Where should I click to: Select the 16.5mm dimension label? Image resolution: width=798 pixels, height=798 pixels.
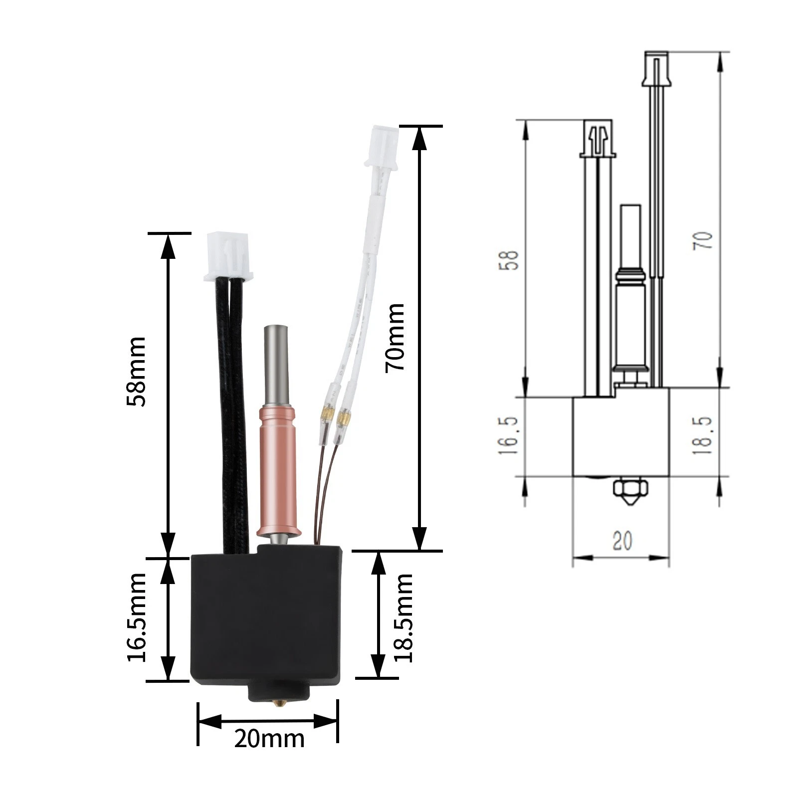tap(137, 617)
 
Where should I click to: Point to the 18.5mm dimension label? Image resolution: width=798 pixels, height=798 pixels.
tap(404, 617)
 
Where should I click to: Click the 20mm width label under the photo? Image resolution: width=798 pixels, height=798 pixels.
tap(269, 738)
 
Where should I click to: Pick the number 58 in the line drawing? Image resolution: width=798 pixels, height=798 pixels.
tap(509, 259)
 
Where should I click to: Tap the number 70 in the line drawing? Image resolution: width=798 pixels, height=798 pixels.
tap(703, 240)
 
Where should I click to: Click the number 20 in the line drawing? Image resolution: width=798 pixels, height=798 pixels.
tap(622, 541)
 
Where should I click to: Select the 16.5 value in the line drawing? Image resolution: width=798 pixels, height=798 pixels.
tap(508, 435)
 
